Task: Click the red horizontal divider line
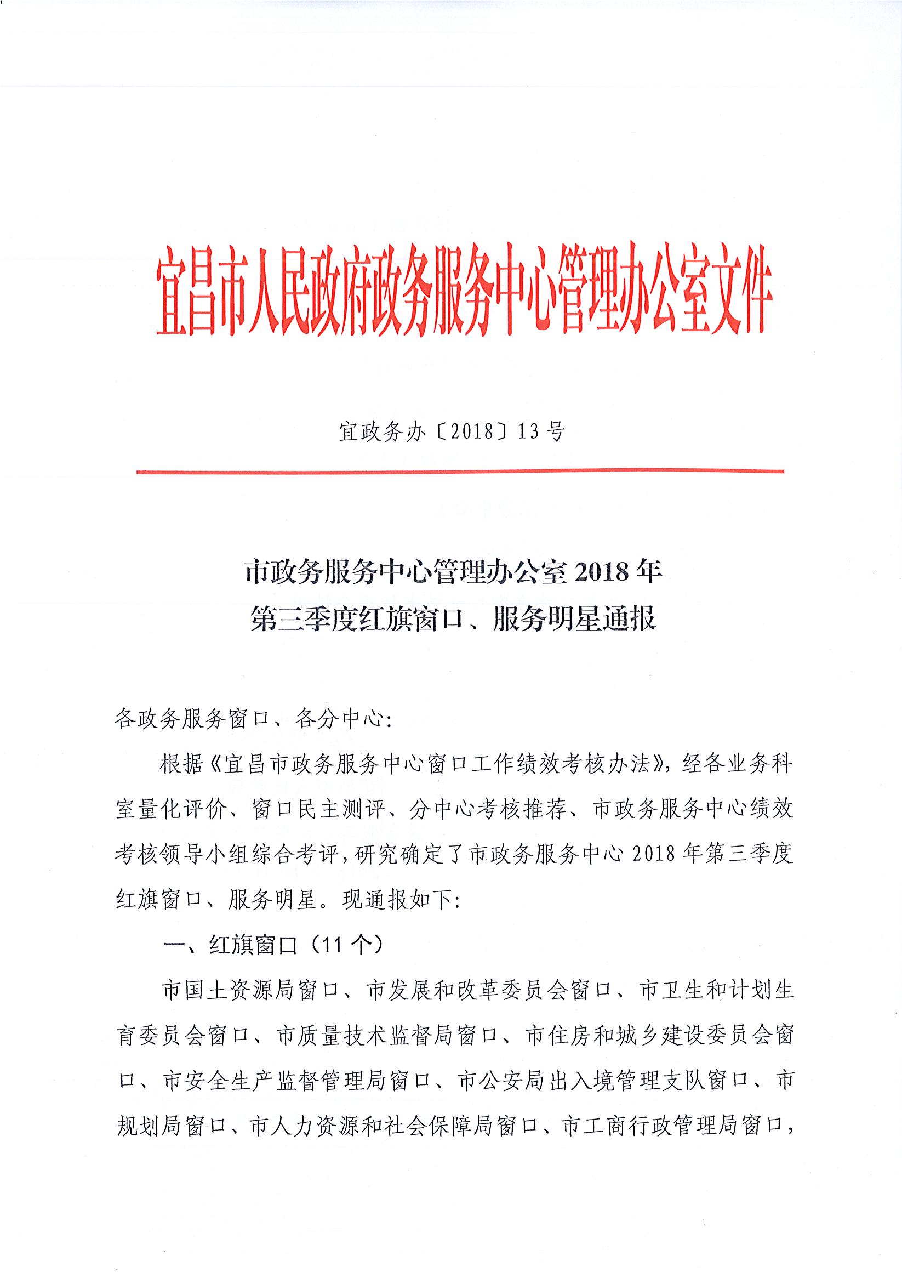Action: click(x=460, y=472)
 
